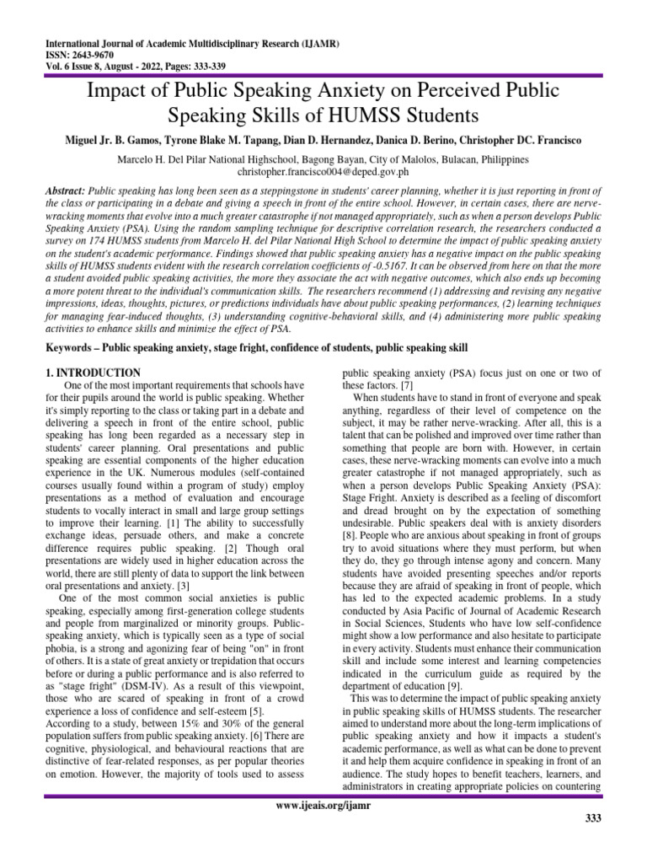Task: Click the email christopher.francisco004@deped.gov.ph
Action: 323,170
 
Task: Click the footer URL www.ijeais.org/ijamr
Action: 323,806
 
